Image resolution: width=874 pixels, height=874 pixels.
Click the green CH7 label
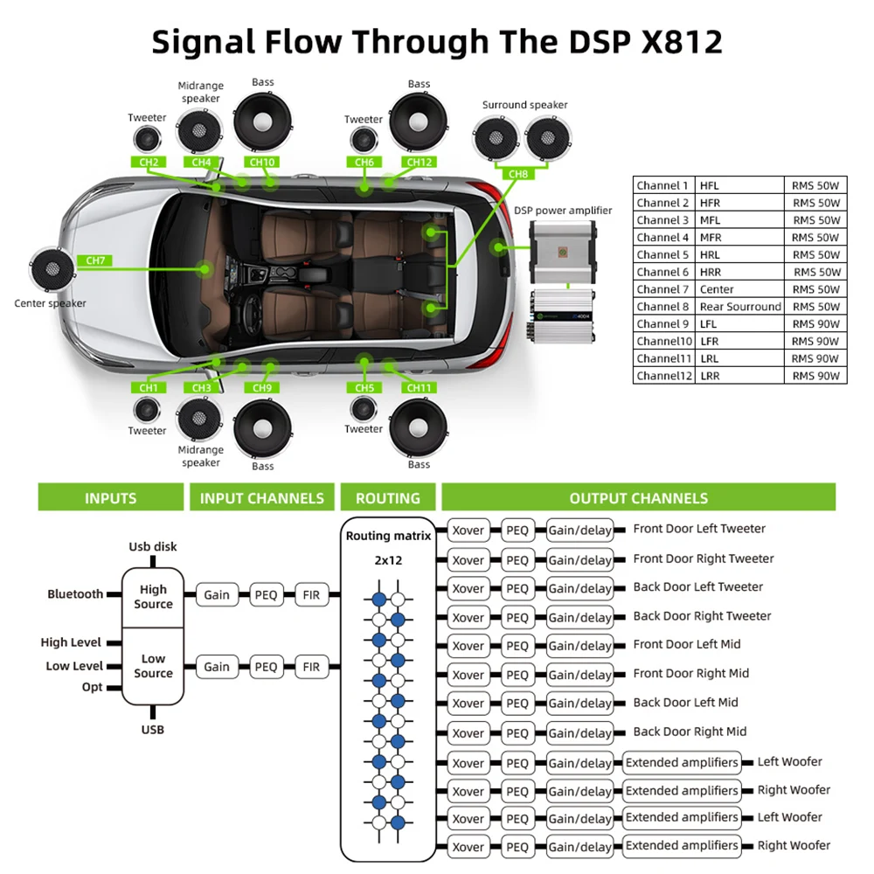[95, 260]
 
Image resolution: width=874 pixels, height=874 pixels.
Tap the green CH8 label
[518, 174]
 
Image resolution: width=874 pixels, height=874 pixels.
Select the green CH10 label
[262, 162]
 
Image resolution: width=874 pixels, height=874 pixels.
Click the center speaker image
[51, 271]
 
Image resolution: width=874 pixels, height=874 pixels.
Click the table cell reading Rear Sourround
[740, 307]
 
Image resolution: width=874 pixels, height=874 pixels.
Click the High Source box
[153, 597]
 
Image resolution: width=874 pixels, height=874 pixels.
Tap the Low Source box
[153, 666]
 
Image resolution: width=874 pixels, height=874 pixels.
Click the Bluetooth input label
[75, 594]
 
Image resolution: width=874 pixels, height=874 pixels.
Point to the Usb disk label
[153, 547]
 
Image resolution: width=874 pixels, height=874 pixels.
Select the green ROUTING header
[387, 498]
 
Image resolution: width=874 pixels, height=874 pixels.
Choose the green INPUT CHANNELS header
[261, 498]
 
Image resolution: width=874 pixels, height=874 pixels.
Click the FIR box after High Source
[311, 595]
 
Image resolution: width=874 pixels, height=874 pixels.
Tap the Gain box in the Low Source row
[217, 667]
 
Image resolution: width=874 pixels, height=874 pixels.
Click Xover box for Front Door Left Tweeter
[468, 530]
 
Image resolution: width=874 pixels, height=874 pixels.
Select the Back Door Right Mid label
[690, 732]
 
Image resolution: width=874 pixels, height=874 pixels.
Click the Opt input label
[93, 688]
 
